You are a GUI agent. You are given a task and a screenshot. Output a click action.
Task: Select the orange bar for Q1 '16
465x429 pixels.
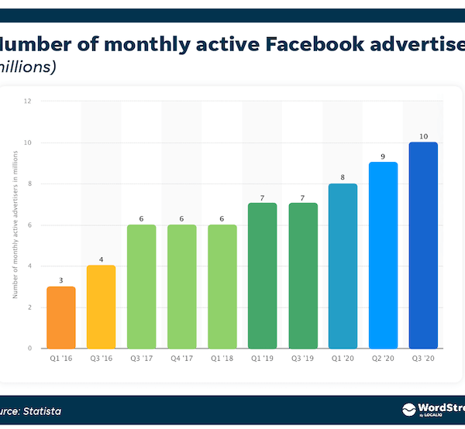[x=60, y=317]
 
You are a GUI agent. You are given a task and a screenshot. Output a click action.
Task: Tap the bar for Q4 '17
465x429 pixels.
[x=181, y=287]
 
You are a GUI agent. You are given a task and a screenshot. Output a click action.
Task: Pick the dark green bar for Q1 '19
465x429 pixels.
[x=262, y=276]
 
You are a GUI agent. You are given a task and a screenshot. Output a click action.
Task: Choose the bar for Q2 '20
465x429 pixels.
[x=383, y=256]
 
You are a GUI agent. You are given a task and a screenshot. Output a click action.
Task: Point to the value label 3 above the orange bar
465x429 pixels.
[x=60, y=280]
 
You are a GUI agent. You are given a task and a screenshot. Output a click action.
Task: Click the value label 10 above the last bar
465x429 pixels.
[x=423, y=136]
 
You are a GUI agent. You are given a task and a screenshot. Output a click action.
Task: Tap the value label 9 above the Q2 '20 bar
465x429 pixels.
[x=383, y=156]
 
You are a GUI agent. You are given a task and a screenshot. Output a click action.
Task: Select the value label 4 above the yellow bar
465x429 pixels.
[x=101, y=259]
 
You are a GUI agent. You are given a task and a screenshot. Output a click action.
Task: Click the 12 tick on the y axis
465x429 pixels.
[x=27, y=101]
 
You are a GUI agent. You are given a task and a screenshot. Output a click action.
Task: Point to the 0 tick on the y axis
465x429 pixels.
[x=29, y=348]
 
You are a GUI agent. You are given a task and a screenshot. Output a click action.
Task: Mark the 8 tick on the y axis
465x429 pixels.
[x=29, y=184]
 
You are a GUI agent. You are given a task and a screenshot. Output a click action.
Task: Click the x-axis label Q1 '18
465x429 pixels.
[x=222, y=359]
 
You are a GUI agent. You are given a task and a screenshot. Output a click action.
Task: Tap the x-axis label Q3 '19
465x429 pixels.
[x=302, y=359]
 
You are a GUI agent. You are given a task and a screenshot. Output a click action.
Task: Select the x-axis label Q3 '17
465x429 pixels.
[x=141, y=359]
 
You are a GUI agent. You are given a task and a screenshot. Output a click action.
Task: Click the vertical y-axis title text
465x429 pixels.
[x=15, y=225]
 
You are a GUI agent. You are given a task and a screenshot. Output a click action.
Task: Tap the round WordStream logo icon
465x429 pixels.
[x=408, y=410]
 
